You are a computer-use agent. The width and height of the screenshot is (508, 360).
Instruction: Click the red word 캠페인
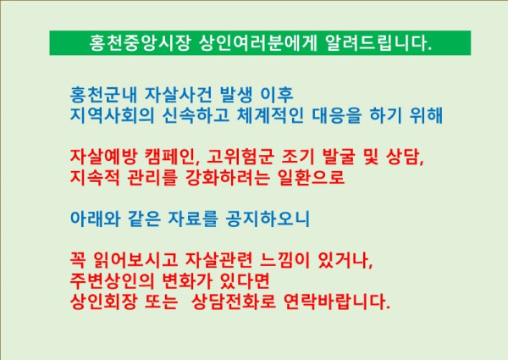click(183, 157)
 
